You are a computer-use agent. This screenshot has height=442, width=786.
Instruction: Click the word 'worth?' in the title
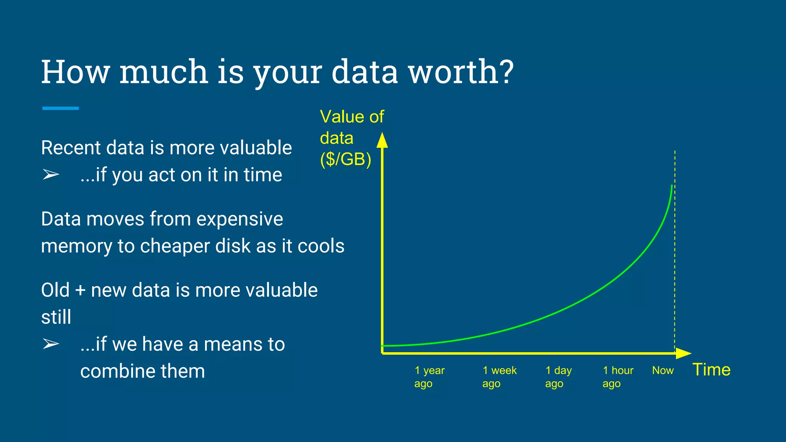[x=461, y=72]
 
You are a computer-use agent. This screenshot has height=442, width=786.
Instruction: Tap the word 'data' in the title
[x=364, y=72]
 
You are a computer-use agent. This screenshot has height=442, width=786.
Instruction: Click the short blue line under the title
[x=61, y=108]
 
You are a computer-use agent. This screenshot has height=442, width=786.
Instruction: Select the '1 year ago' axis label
[x=429, y=377]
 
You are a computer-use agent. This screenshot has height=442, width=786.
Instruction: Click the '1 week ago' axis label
[x=499, y=377]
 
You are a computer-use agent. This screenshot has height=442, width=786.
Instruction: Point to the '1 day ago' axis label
[x=558, y=377]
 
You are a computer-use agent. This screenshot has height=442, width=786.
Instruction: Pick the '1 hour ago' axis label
[x=618, y=377]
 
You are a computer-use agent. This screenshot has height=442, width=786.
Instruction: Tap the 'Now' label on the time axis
[x=663, y=370]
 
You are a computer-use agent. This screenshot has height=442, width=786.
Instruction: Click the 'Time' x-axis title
[x=711, y=370]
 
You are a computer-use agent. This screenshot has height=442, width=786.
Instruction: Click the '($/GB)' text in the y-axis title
[x=346, y=159]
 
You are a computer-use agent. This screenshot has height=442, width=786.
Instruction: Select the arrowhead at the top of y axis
[x=382, y=140]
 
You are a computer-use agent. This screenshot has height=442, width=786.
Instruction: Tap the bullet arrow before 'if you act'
[x=51, y=175]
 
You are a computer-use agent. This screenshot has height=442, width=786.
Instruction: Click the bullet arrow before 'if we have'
[x=51, y=344]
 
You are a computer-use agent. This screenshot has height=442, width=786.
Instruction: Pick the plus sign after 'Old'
[x=80, y=290]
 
